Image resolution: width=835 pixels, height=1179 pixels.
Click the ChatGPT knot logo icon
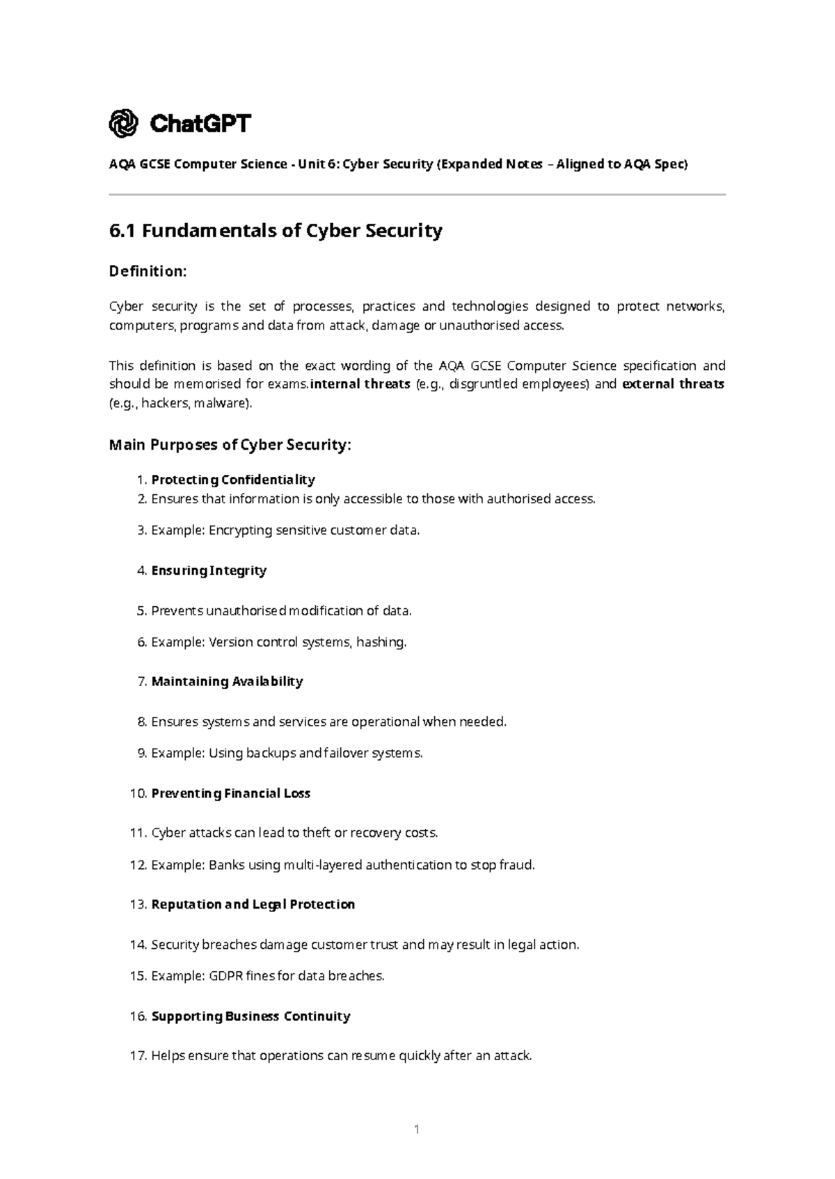pos(124,124)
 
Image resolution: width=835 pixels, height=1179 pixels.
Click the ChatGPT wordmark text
pos(200,124)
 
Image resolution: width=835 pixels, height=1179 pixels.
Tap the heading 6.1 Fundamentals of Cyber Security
pos(276,231)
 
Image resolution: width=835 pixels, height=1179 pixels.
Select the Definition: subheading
pos(148,271)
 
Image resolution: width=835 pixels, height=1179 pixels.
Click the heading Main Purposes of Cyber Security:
pos(230,445)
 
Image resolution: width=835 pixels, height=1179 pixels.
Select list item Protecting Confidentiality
pos(233,480)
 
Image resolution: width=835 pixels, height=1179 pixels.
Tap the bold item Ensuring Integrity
pos(209,571)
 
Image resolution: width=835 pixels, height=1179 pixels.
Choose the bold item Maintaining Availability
pos(227,681)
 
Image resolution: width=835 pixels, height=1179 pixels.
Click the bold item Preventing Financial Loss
pos(230,793)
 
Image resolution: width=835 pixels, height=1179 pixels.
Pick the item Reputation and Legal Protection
pos(253,904)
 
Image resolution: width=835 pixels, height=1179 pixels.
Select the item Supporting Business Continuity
pos(250,1016)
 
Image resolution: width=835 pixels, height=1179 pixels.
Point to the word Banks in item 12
pos(225,865)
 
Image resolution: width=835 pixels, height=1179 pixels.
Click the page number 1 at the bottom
pos(417,1130)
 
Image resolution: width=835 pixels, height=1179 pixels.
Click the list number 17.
pos(138,1056)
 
